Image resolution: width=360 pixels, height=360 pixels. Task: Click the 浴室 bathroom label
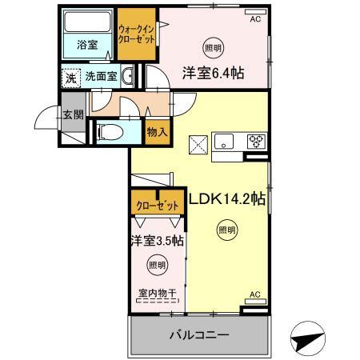point(88,46)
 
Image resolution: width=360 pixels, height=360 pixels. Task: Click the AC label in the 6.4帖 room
point(255,18)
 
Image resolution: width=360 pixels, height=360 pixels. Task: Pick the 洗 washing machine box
point(70,78)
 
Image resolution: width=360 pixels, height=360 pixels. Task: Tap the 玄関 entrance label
point(73,114)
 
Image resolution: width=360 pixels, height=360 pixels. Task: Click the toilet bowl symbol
point(110,131)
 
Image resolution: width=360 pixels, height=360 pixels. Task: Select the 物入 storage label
point(157,132)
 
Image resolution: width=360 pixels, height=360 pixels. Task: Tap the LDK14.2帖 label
point(226,199)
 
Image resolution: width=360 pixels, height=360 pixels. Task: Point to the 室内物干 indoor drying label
point(157,294)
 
